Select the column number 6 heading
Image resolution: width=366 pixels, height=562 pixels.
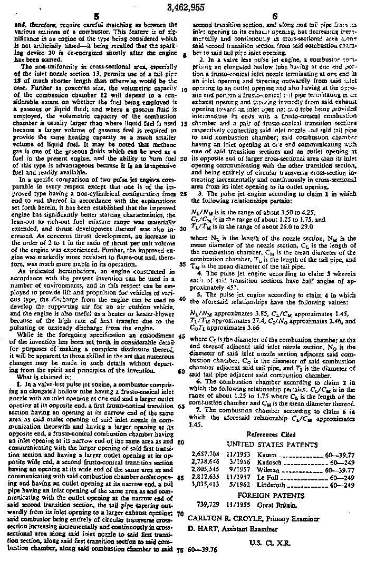[x=275, y=16]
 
